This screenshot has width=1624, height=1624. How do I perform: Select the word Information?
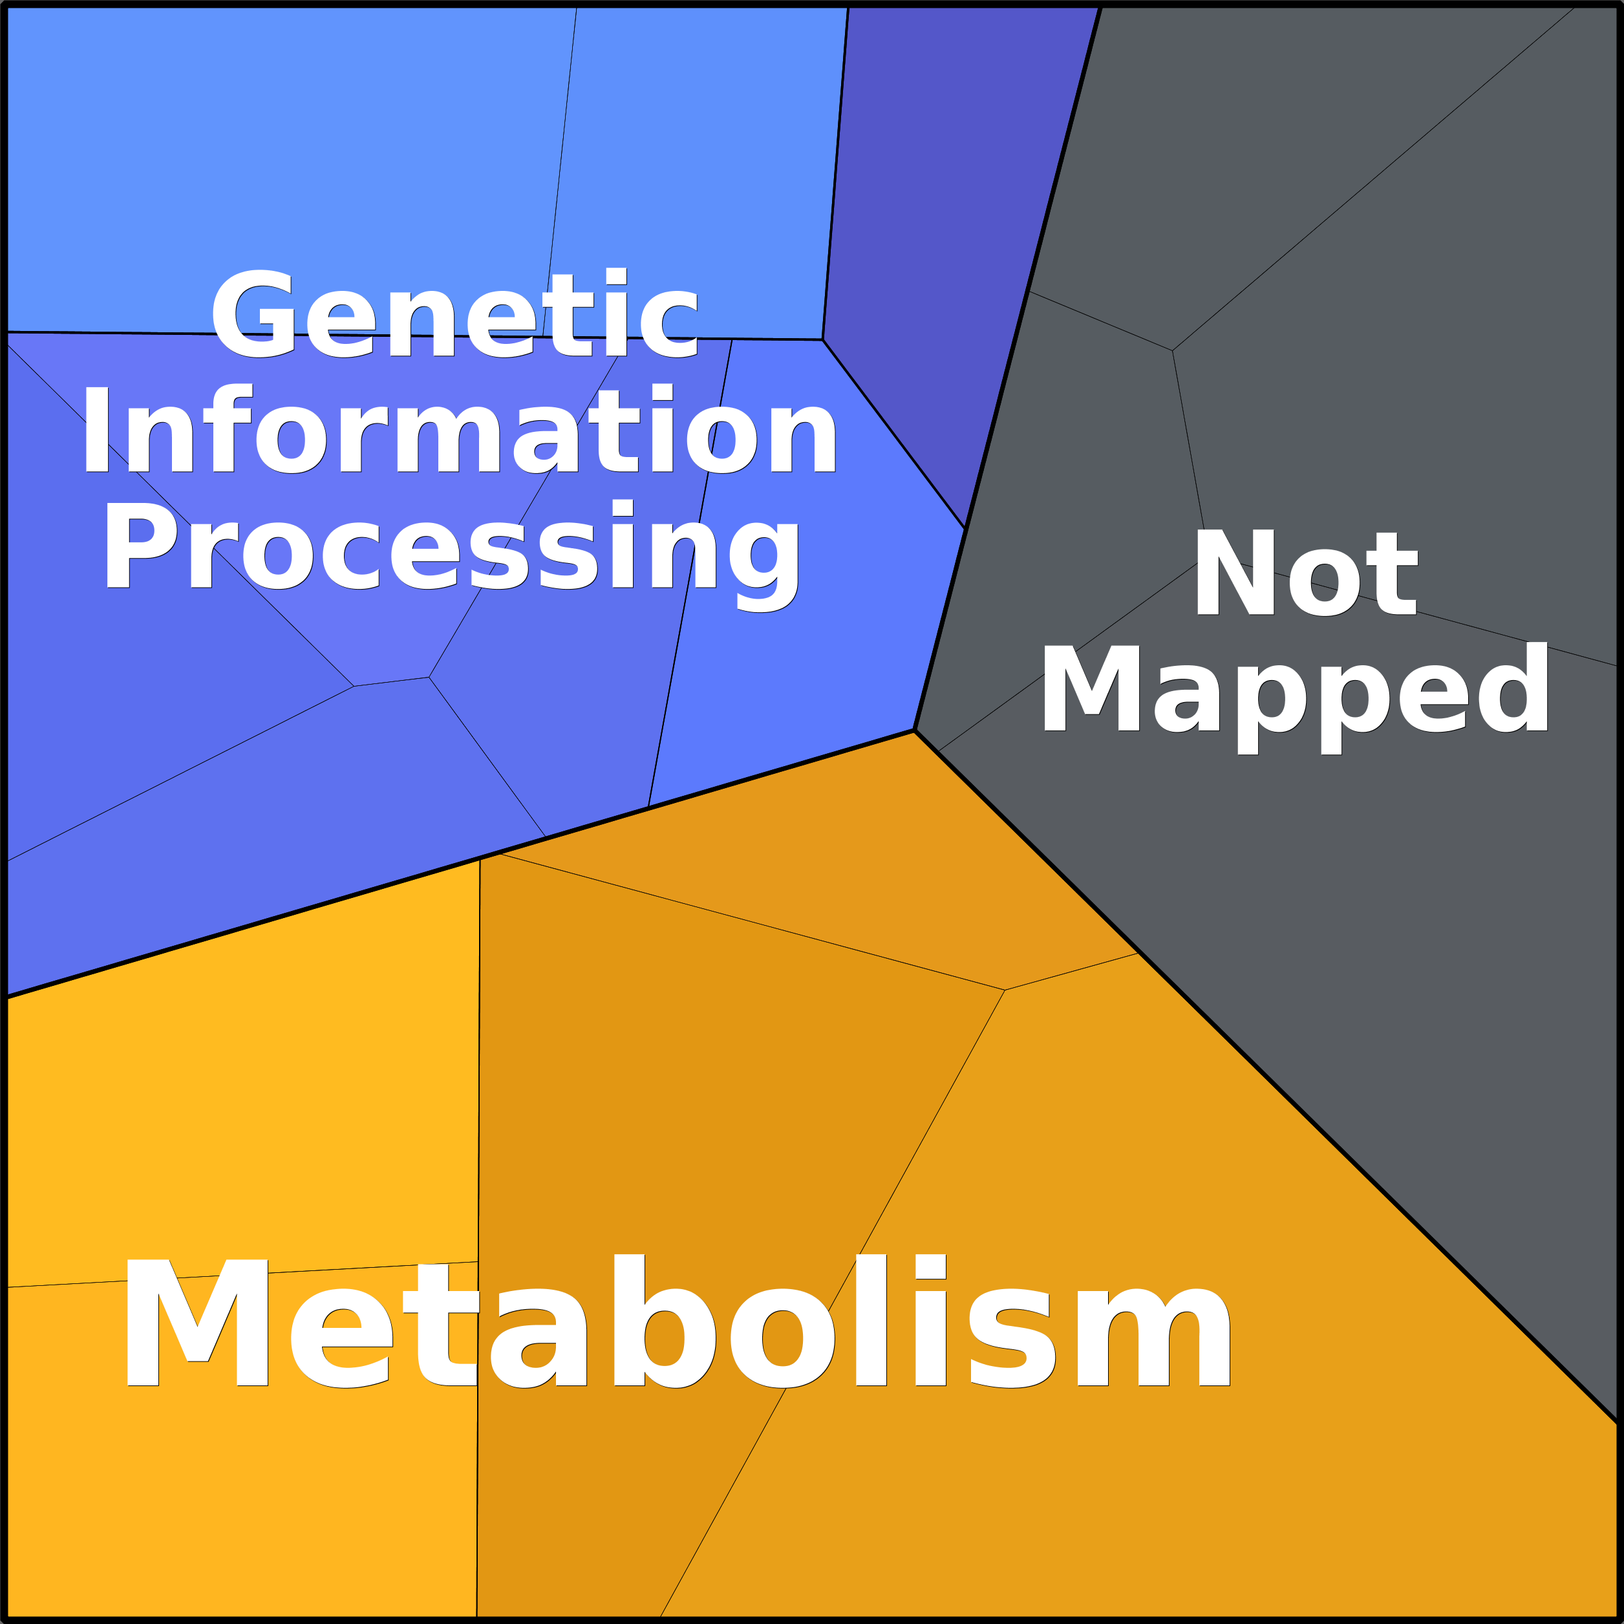(x=460, y=429)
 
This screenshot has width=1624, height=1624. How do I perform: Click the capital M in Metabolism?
(x=197, y=1322)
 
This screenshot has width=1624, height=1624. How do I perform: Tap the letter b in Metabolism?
(x=664, y=1319)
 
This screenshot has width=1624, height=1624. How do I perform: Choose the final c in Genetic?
(x=669, y=325)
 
